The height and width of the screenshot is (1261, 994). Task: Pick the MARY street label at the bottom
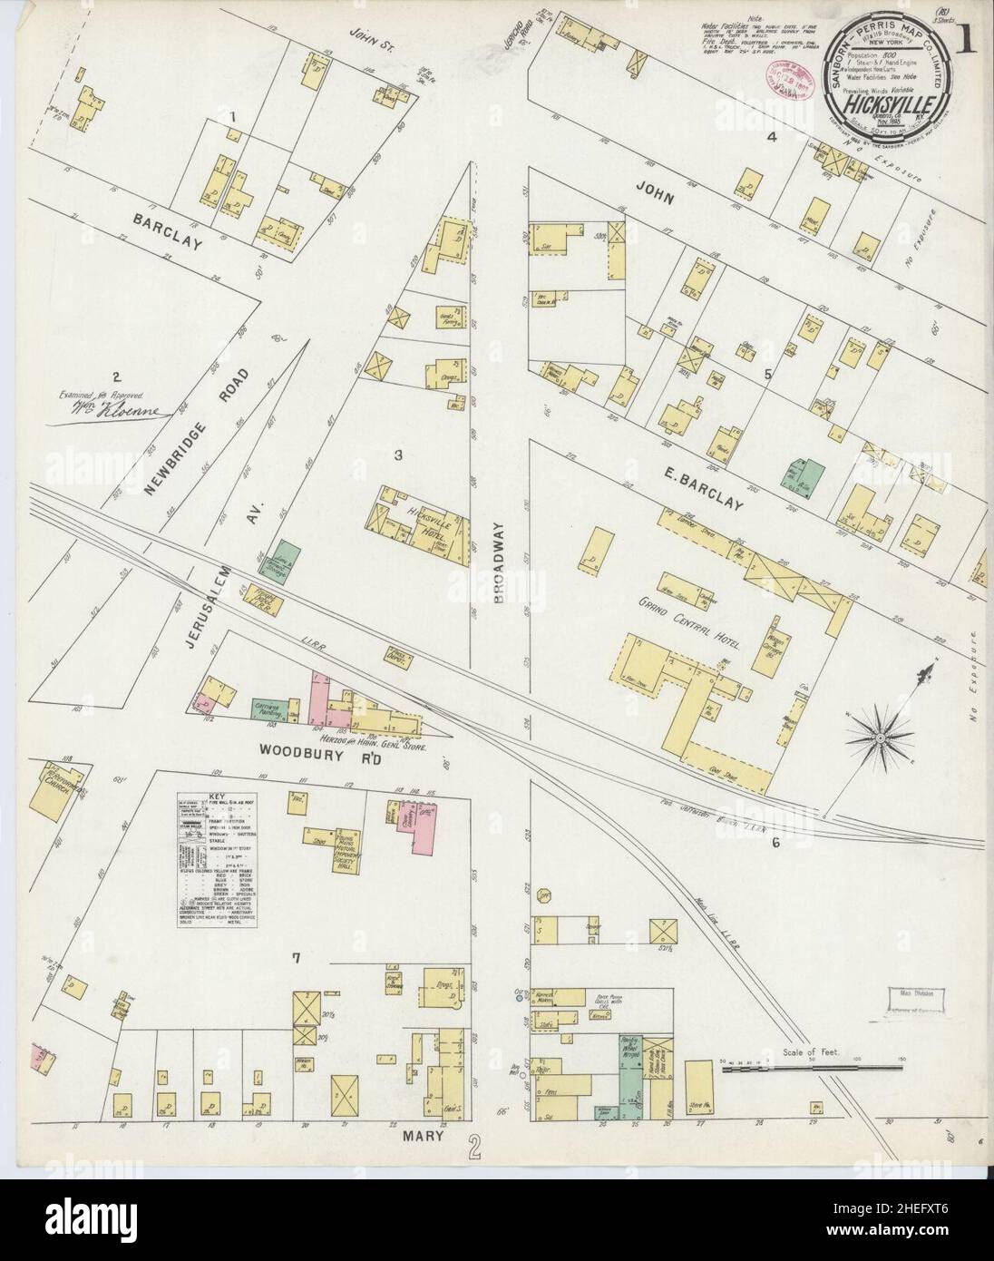[415, 1133]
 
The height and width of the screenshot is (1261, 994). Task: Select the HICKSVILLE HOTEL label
[429, 521]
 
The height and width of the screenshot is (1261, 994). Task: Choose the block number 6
[776, 843]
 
